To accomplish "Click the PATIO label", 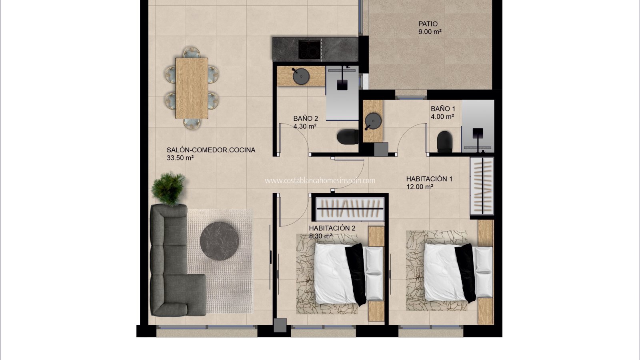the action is coord(428,24).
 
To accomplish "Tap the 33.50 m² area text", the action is coord(180,158).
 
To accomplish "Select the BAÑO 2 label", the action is coord(306,118).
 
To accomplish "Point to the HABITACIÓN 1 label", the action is coord(429,179).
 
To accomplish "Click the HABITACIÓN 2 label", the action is coord(332,228).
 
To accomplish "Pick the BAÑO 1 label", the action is coord(443,108).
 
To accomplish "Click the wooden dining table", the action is coord(192,88).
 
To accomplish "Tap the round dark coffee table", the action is coord(219,241).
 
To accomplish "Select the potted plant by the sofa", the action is coord(168,188).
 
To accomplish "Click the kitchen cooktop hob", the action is coord(310,50).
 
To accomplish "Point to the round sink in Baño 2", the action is coord(301,76).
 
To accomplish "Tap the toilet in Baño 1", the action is coord(445,142).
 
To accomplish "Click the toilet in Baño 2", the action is coord(348,136).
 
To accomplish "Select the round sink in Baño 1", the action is coord(373,121).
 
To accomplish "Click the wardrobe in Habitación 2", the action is coord(350,209).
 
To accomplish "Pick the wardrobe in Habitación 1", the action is coord(482,186).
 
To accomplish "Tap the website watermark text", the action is coord(320,180).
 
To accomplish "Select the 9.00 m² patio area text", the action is coord(430,32).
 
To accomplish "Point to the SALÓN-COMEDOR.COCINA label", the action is coord(211,150).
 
